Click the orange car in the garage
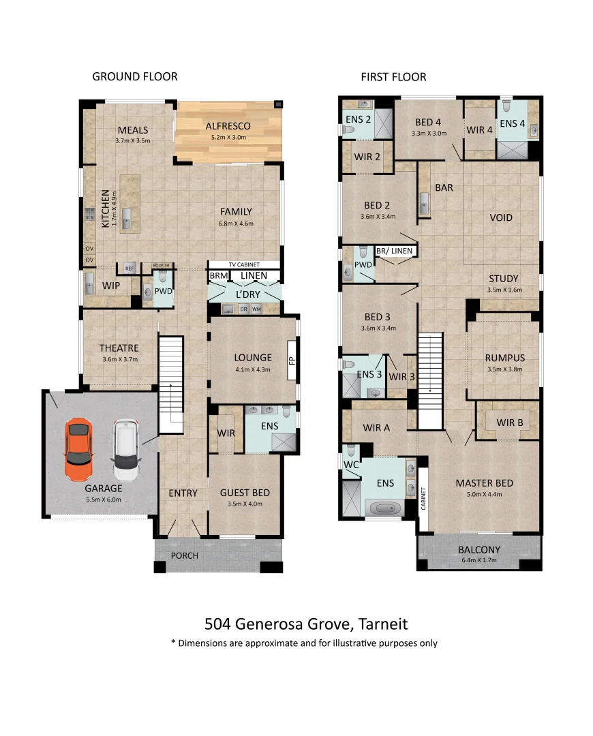pos(78,450)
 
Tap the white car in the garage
pos(126,450)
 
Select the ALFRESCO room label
pos(228,126)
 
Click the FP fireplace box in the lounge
pos(292,360)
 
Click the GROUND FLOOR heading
pos(135,76)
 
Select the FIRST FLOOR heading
pos(393,77)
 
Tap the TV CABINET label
pos(244,264)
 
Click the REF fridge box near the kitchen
pos(130,268)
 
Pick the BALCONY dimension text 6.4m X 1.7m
pos(479,560)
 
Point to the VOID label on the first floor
pos(501,218)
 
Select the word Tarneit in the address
pos(382,624)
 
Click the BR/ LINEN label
pos(395,251)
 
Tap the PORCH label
pos(185,556)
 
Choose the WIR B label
pos(510,423)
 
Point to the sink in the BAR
pos(424,203)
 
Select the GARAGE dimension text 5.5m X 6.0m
pos(104,500)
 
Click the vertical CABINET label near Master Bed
pos(423,498)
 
